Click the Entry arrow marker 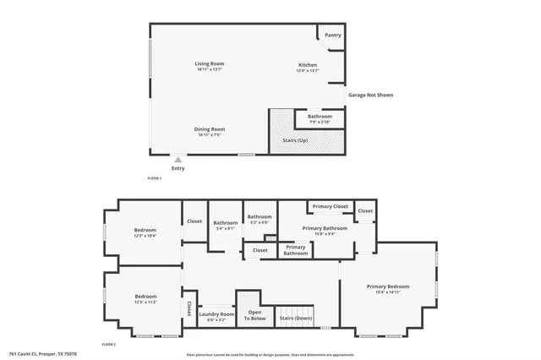pyautogui.click(x=178, y=158)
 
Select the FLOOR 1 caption pyautogui.click(x=155, y=178)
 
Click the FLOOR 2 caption pyautogui.click(x=108, y=345)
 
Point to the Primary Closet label pyautogui.click(x=330, y=206)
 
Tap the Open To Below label pyautogui.click(x=254, y=315)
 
